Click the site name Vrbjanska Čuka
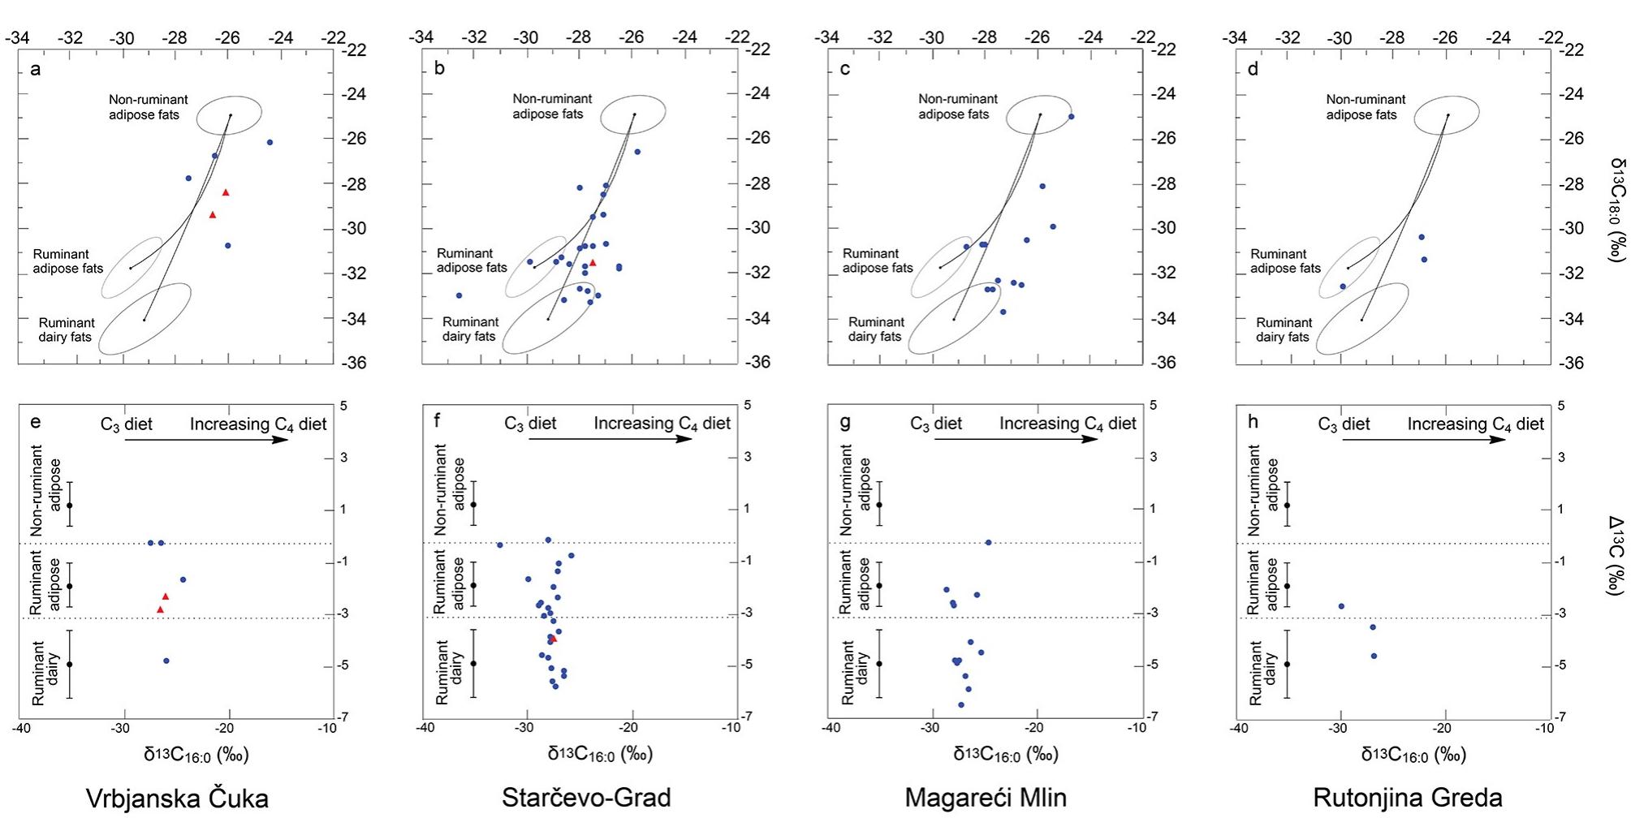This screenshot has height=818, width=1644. coord(177,799)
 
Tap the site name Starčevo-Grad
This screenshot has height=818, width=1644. coord(586,798)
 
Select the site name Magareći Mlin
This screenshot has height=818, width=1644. coord(986,798)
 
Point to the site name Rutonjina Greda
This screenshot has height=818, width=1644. coord(1408,798)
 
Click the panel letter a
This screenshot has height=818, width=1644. coord(35,69)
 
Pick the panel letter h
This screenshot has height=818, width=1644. coord(1253,422)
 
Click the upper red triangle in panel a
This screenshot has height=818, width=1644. coord(226,192)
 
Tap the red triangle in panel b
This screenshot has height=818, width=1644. coord(593,262)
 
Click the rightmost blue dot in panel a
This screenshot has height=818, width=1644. coord(270,143)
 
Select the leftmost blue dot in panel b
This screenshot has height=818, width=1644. coord(459,295)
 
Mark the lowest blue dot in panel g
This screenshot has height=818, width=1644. coord(961,704)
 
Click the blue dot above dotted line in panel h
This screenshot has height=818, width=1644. coord(1341,606)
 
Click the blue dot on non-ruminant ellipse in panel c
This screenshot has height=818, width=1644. coord(1071,117)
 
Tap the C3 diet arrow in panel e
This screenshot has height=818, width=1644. coord(205,440)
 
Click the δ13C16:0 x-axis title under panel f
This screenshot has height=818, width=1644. coord(600,755)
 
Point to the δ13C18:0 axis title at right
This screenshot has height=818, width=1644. coord(1616,209)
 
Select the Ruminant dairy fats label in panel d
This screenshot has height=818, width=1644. coord(1283,329)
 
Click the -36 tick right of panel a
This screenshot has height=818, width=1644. coord(353,363)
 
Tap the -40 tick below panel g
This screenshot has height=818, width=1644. coord(831,728)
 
